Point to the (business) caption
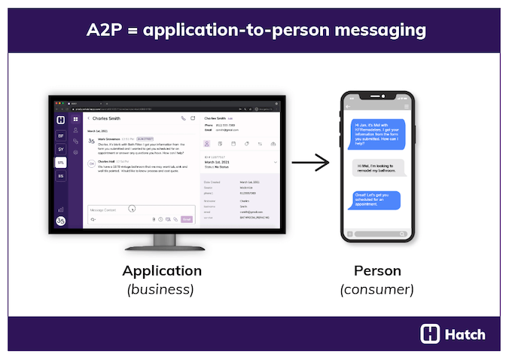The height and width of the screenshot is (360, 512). pyautogui.click(x=160, y=288)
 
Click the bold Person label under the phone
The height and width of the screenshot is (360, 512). pyautogui.click(x=377, y=270)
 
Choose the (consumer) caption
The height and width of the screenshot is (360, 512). pyautogui.click(x=377, y=288)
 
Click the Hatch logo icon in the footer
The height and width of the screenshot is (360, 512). pyautogui.click(x=430, y=334)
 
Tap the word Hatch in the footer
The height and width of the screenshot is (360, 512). pyautogui.click(x=465, y=334)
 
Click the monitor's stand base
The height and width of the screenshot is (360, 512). pyautogui.click(x=163, y=245)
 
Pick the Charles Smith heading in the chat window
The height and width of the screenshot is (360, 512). pyautogui.click(x=107, y=118)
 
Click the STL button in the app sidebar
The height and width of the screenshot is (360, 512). pyautogui.click(x=60, y=162)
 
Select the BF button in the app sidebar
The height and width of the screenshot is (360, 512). pyautogui.click(x=60, y=136)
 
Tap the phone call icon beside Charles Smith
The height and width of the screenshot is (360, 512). pyautogui.click(x=183, y=118)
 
